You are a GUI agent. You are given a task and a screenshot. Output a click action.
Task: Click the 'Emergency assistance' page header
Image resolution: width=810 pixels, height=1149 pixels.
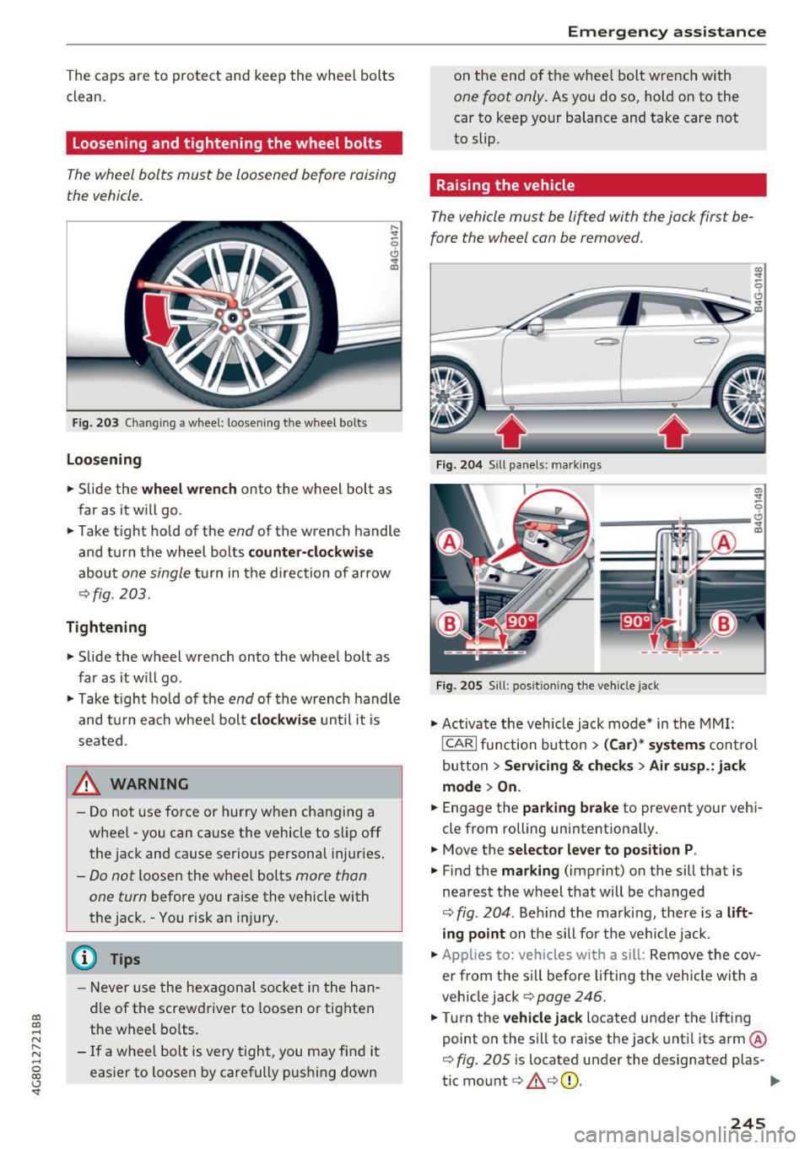[x=666, y=32]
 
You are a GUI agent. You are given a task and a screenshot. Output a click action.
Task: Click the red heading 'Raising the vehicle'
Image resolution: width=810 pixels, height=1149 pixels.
[x=505, y=185]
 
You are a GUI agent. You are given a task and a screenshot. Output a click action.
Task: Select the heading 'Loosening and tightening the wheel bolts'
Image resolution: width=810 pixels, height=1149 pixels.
[x=227, y=144]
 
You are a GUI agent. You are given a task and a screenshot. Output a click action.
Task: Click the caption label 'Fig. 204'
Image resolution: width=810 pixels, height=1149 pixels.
[x=459, y=464]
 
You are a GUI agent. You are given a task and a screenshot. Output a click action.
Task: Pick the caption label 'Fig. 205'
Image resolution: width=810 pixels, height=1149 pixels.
[x=459, y=686]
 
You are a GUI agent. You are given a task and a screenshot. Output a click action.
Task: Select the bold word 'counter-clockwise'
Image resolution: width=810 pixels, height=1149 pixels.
[x=310, y=552]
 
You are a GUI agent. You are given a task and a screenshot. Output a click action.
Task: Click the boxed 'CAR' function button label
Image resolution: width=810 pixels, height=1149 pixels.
[x=459, y=745]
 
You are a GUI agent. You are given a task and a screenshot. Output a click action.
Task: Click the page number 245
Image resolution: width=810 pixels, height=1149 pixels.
[x=748, y=1123]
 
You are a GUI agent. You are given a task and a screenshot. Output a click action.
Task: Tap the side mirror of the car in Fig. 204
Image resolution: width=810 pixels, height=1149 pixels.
[x=534, y=325]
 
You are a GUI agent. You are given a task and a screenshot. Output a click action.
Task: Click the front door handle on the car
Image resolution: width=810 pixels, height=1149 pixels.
[x=607, y=341]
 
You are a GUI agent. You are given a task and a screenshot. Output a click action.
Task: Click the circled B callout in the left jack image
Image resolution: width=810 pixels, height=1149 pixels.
[x=449, y=625]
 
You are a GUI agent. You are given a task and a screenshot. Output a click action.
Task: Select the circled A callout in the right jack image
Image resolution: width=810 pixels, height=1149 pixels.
[x=723, y=543]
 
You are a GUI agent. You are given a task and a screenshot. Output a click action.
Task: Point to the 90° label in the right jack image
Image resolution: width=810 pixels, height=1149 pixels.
[x=635, y=621]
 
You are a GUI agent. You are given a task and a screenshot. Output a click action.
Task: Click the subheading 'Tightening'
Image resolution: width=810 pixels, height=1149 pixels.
[x=106, y=626]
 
